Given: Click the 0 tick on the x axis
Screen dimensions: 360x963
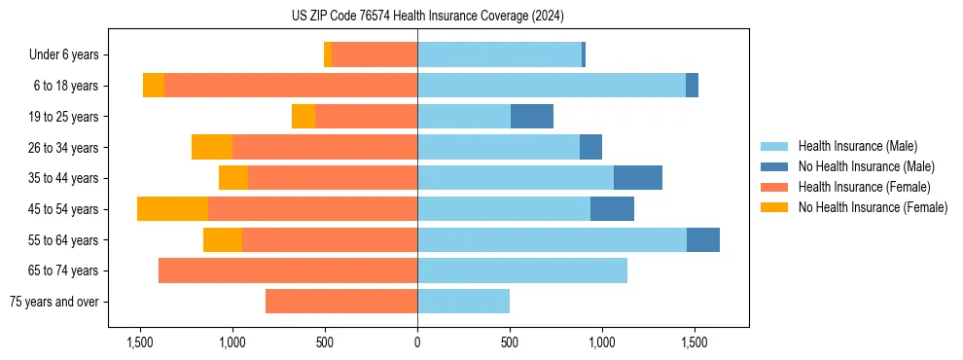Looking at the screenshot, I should (417, 342).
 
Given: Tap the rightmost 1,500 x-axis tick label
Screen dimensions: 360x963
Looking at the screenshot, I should (694, 342).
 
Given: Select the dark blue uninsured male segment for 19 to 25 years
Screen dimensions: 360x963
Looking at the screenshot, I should (532, 117).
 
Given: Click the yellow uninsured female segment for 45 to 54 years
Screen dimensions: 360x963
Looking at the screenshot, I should (172, 209).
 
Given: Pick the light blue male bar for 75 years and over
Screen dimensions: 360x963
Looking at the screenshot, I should (463, 302).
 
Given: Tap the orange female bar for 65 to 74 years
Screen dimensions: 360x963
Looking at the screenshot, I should (288, 270).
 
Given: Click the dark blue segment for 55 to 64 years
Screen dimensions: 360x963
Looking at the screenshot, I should (703, 240).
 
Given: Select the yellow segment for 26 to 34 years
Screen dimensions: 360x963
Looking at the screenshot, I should (212, 147).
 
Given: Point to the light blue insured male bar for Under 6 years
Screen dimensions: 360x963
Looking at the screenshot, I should (499, 55).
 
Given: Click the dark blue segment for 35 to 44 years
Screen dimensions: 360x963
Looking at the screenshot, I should (638, 178).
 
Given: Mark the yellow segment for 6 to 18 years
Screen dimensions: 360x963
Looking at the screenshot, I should (154, 86).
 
